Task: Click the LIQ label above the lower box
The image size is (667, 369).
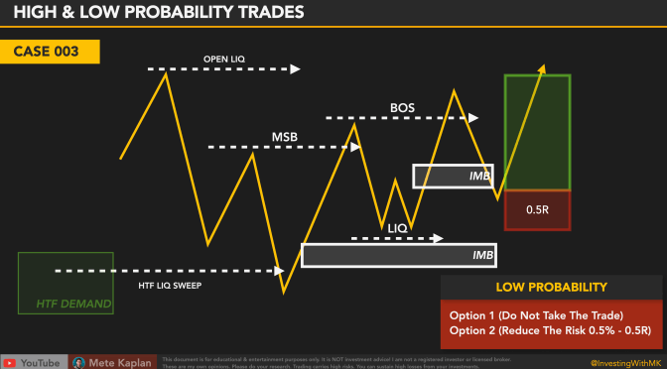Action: (x=397, y=228)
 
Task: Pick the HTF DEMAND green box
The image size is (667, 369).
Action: (x=65, y=283)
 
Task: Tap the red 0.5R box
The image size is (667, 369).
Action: (x=537, y=210)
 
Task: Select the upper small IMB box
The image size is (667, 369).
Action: (x=452, y=176)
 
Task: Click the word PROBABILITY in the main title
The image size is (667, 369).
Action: (x=172, y=14)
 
